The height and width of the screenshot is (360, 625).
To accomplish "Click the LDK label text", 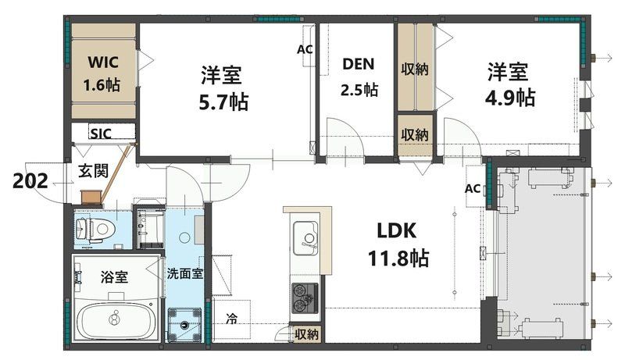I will pyautogui.click(x=400, y=231).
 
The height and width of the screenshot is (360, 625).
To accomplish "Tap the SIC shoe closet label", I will pyautogui.click(x=101, y=134).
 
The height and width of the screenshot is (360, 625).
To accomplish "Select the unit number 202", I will pyautogui.click(x=32, y=181).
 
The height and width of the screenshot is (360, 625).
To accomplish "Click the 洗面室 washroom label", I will pyautogui.click(x=185, y=274).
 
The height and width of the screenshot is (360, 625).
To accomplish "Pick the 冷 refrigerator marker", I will pyautogui.click(x=232, y=318).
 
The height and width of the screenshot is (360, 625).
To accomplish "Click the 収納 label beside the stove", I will pyautogui.click(x=306, y=334).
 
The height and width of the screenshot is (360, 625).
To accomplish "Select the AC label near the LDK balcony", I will pyautogui.click(x=473, y=189).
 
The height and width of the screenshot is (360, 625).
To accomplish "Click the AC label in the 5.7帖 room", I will pyautogui.click(x=305, y=49).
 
